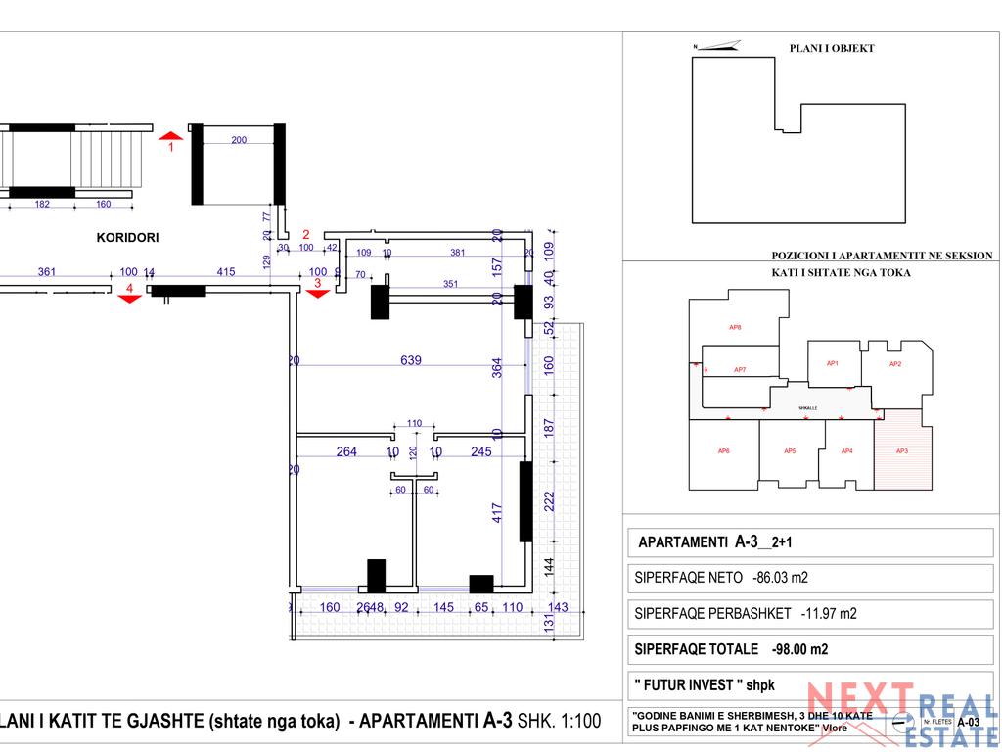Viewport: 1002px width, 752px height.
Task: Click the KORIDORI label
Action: click(x=127, y=237)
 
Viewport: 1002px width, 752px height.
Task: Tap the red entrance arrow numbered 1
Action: click(x=171, y=137)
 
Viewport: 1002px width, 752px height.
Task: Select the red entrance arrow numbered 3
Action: click(x=316, y=293)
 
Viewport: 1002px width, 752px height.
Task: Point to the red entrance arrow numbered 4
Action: click(x=129, y=298)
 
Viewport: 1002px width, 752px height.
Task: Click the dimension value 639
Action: click(x=411, y=360)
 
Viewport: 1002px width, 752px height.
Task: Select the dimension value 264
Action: click(x=346, y=451)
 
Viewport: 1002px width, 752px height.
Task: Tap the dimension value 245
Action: click(x=481, y=451)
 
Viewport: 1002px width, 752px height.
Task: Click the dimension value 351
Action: click(x=450, y=285)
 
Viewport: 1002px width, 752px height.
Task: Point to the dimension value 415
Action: click(x=225, y=272)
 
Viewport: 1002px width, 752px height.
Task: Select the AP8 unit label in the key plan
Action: click(x=735, y=327)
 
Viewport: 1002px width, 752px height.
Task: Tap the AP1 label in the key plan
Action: click(x=833, y=363)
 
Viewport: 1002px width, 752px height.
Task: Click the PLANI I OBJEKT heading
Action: click(x=832, y=48)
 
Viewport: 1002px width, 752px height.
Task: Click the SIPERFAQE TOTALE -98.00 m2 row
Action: click(x=731, y=648)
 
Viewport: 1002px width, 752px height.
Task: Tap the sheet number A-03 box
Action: click(x=968, y=722)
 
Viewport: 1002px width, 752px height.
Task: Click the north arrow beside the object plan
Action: click(x=715, y=45)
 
